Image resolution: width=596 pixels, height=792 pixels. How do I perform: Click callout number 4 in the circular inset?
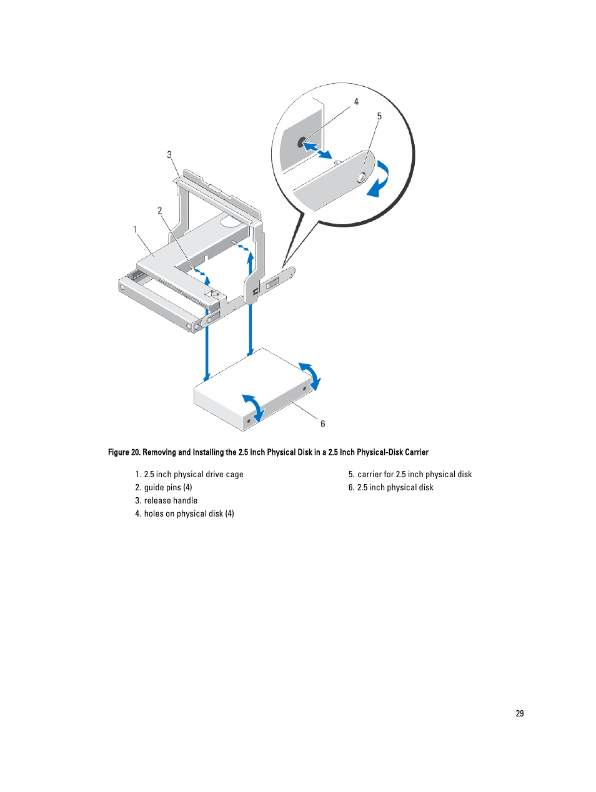click(x=356, y=102)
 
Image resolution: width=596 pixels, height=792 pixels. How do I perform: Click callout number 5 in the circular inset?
click(x=379, y=117)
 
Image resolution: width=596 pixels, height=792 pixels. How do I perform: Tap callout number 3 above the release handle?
click(x=169, y=155)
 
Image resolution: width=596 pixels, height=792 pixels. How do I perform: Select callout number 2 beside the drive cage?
click(x=160, y=210)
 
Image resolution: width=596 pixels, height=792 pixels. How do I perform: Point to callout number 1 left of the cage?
click(x=135, y=229)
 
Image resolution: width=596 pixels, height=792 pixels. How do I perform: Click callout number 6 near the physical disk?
click(x=323, y=424)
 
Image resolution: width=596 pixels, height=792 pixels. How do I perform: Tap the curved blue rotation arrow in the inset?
click(x=379, y=179)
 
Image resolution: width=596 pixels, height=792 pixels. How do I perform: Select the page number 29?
click(x=520, y=713)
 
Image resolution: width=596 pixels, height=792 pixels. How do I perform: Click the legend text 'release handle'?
click(x=171, y=501)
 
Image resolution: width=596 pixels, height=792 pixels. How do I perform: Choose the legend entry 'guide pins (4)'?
click(x=168, y=488)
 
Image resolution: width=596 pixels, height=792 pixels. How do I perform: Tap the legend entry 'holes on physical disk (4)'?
click(x=189, y=514)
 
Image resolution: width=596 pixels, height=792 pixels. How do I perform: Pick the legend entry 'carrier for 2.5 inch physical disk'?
click(x=414, y=475)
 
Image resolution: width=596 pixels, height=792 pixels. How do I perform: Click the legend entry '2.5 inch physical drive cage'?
click(x=194, y=475)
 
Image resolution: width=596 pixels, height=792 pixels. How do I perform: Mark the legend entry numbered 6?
click(x=395, y=488)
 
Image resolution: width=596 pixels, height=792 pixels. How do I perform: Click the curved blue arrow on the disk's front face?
click(x=254, y=407)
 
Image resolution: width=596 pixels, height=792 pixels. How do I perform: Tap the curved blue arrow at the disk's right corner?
click(x=310, y=375)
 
